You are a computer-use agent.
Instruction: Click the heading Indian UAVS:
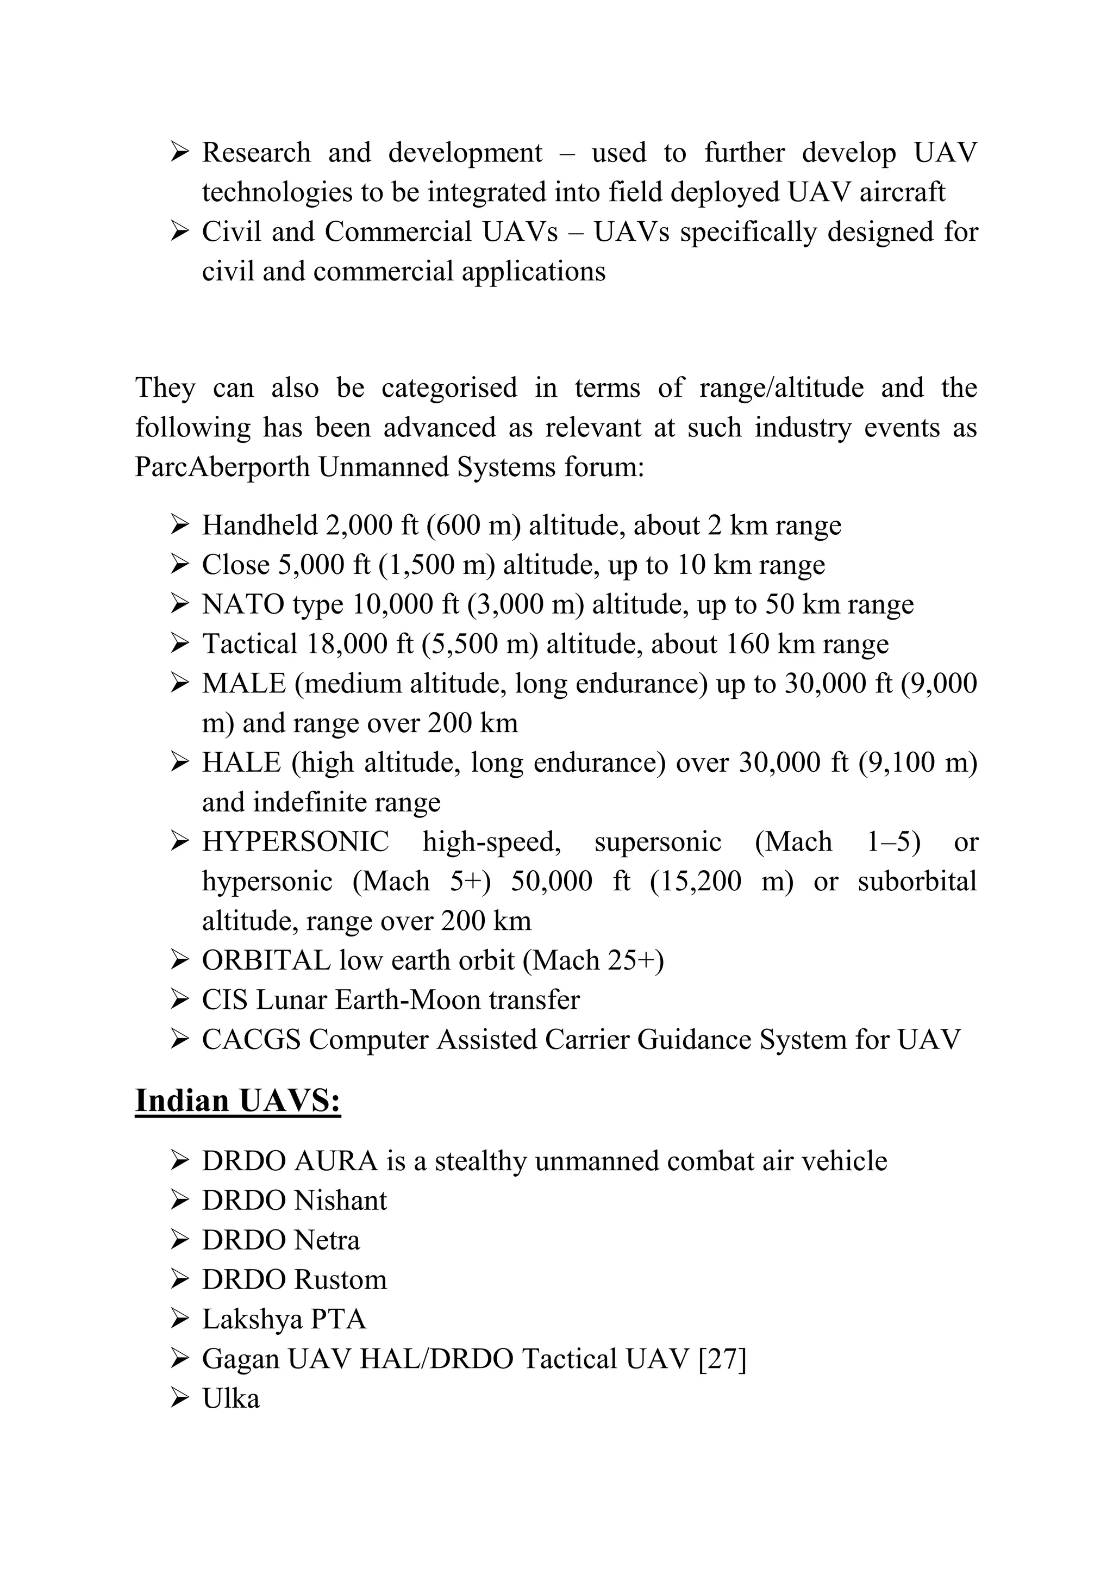238,1101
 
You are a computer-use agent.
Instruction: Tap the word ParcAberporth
222,467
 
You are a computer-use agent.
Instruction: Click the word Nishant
341,1201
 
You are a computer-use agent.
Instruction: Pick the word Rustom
341,1280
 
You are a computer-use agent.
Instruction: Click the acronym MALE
243,684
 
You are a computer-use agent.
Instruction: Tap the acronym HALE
241,763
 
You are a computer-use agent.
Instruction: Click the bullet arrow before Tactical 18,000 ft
179,645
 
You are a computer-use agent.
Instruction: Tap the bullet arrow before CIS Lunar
179,1000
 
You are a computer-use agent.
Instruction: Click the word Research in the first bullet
255,153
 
